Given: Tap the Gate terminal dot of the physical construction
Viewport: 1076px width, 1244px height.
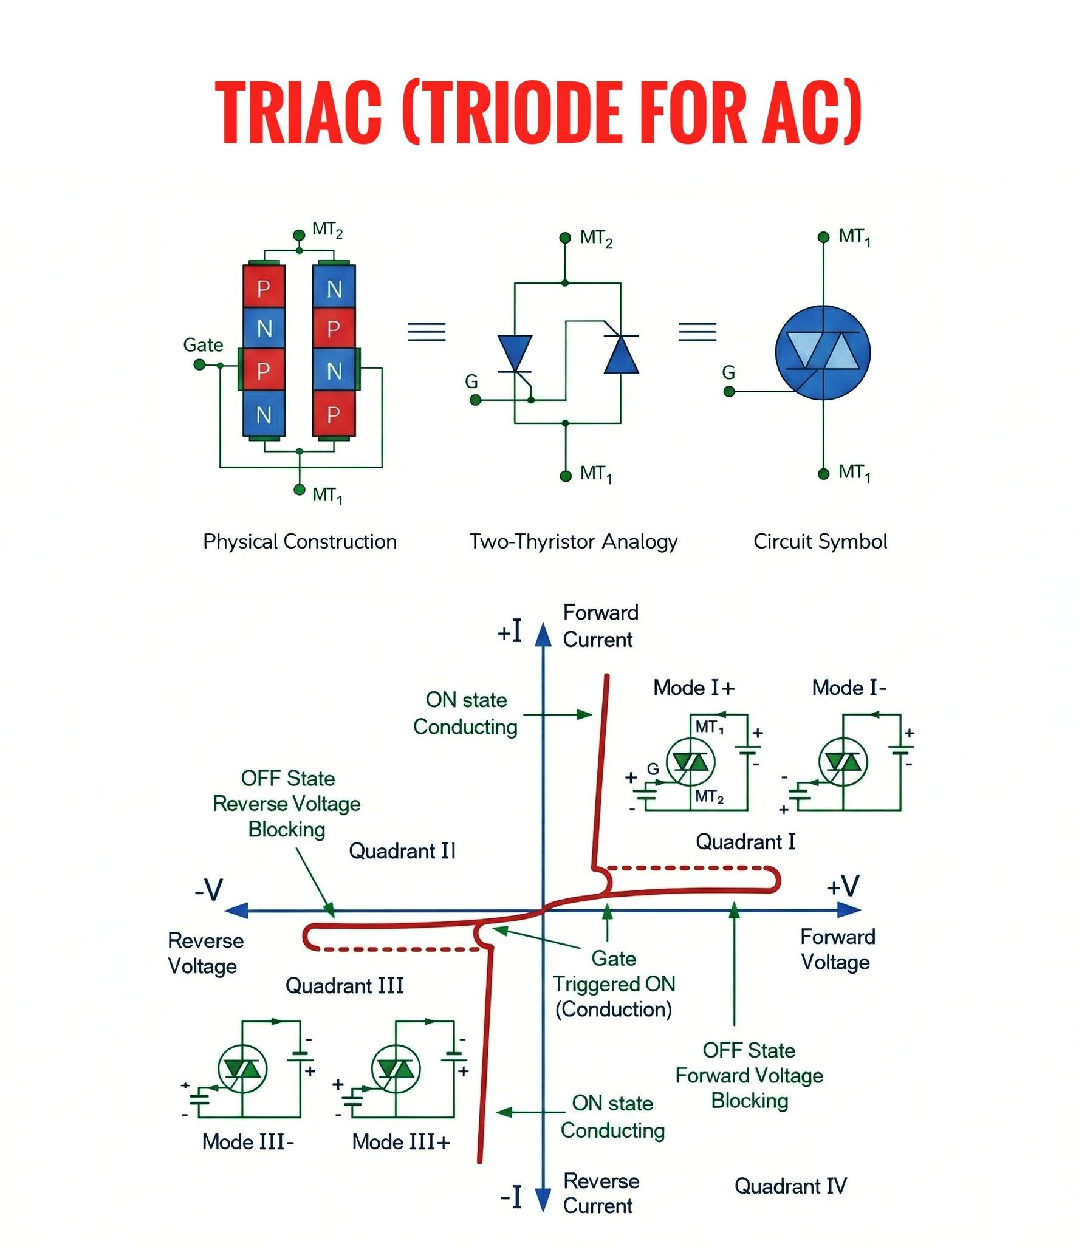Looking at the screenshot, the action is pos(199,364).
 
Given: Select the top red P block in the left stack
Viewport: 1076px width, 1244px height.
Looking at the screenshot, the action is pos(264,287).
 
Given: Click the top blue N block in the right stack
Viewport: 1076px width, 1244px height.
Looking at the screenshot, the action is pos(334,287).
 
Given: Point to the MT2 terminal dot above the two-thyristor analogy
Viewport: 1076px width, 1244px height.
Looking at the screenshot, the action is pos(565,237).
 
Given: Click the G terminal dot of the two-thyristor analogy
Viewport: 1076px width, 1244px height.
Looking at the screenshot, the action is pos(476,400).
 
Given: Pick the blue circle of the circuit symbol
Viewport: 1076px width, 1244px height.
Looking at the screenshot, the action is pos(823,353).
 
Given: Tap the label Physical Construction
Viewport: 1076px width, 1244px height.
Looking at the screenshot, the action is pos(300,541).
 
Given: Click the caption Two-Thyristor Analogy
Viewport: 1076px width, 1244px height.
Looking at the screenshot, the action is pos(573,541).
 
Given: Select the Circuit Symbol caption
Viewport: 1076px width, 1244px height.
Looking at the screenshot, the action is pos(820,541).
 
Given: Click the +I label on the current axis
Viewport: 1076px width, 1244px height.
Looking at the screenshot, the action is pos(510,632).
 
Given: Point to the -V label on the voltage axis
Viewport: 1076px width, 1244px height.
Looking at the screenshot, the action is pos(209,890).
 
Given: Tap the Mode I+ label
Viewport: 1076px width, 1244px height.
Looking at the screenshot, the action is pos(694,688).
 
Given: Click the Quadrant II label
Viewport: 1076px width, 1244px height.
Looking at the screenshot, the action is pos(402,851).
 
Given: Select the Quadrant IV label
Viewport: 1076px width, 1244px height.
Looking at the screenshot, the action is pos(790,1186).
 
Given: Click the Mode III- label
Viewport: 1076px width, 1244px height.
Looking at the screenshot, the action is pos(248,1141).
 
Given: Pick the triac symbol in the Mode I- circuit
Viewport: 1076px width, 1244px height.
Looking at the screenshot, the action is pos(843,762).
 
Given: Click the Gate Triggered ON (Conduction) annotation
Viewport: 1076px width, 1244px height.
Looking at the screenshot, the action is pos(614,983).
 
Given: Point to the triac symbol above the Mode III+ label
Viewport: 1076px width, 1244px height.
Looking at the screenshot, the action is pos(396,1068).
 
